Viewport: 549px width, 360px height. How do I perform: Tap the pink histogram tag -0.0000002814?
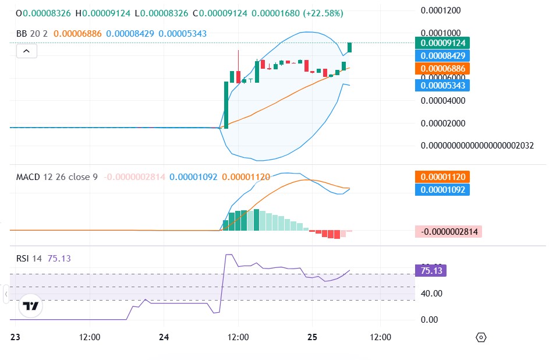pos(449,232)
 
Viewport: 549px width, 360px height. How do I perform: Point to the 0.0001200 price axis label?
pos(440,10)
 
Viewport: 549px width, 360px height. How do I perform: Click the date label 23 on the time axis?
pos(16,337)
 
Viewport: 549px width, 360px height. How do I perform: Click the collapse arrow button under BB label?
pos(27,51)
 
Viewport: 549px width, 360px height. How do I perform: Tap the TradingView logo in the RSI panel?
pos(30,306)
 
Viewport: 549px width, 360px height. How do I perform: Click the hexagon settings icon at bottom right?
pos(481,338)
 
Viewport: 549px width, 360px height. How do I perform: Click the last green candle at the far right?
pos(350,48)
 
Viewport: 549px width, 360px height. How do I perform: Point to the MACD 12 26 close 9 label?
pos(56,177)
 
